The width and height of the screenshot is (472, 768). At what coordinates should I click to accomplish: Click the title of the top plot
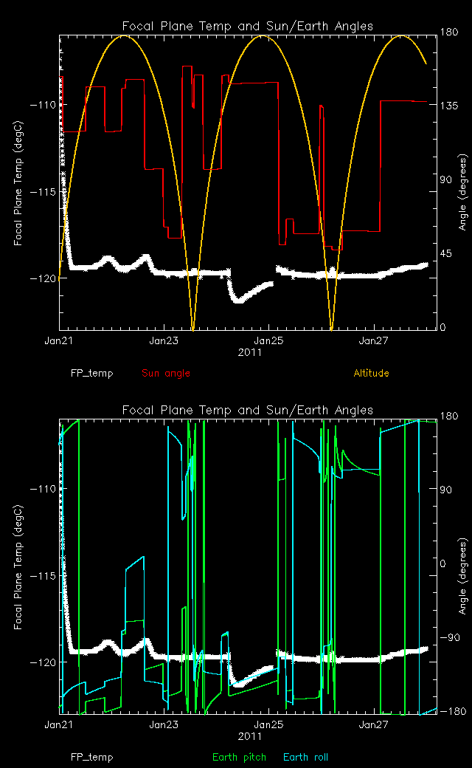pos(248,27)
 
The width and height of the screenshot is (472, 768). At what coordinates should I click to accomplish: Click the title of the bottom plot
pos(248,411)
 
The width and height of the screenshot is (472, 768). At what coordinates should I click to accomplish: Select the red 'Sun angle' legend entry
pos(166,373)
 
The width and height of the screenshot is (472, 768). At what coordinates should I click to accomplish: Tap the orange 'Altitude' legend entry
pos(371,373)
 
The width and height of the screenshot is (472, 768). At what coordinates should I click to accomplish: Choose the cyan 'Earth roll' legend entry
pos(305,757)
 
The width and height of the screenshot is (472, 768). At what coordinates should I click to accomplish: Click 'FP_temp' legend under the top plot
pos(92,373)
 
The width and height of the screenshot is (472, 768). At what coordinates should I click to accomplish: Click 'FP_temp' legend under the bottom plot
pos(92,757)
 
